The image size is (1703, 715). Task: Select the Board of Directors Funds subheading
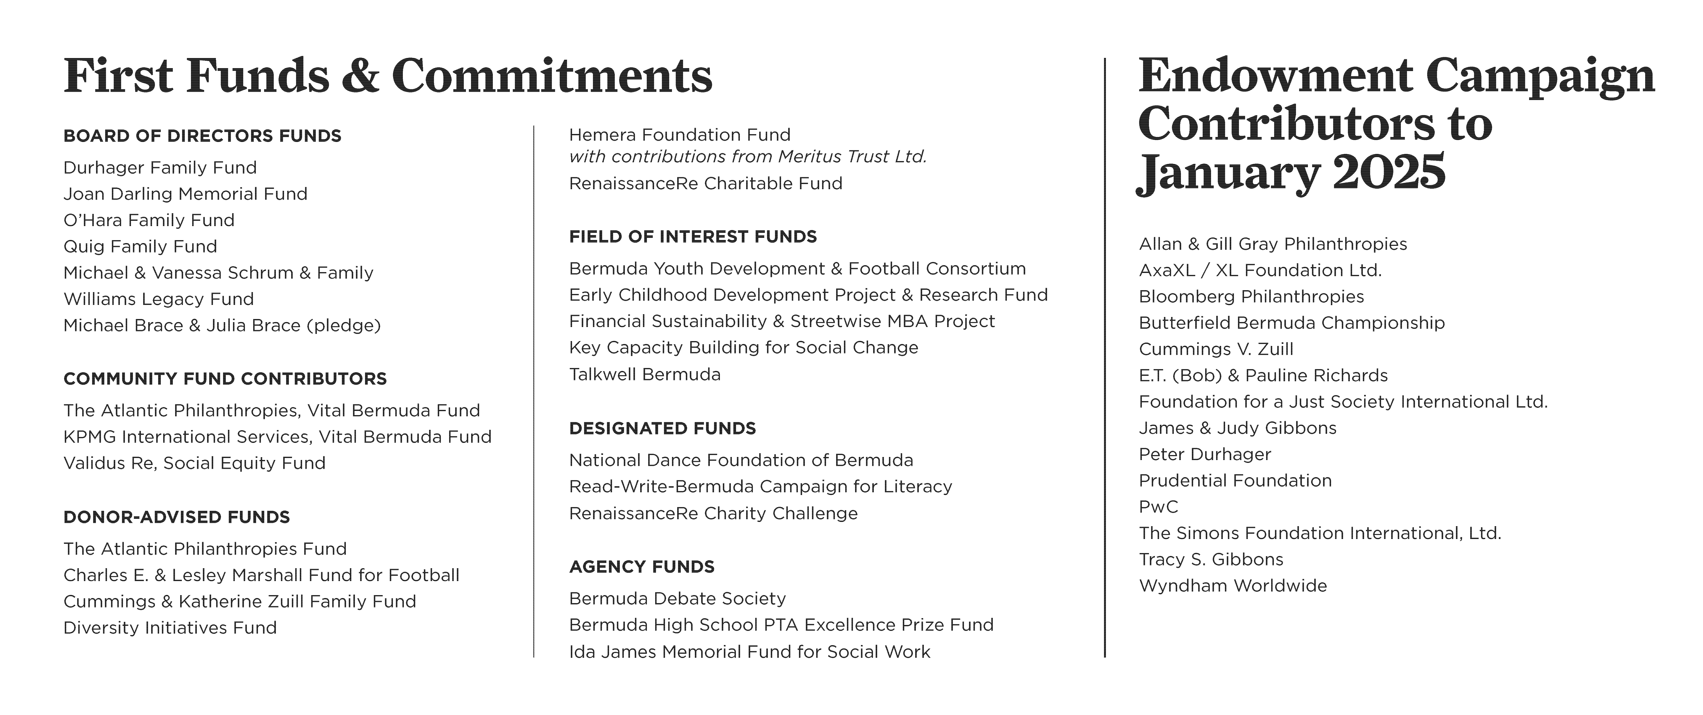click(x=202, y=136)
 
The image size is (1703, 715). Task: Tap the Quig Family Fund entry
click(x=140, y=247)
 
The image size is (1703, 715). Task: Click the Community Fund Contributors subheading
click(x=225, y=379)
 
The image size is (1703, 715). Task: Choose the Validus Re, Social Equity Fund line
click(x=194, y=463)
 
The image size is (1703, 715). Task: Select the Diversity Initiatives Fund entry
click(x=170, y=628)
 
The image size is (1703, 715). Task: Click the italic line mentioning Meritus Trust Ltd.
click(x=748, y=157)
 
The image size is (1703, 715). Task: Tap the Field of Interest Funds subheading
click(x=693, y=237)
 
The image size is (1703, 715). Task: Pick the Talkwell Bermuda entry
click(x=645, y=374)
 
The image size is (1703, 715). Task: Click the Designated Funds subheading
click(x=662, y=429)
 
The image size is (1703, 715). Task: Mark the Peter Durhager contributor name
click(x=1205, y=454)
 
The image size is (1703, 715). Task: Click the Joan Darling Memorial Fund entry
click(x=185, y=194)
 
